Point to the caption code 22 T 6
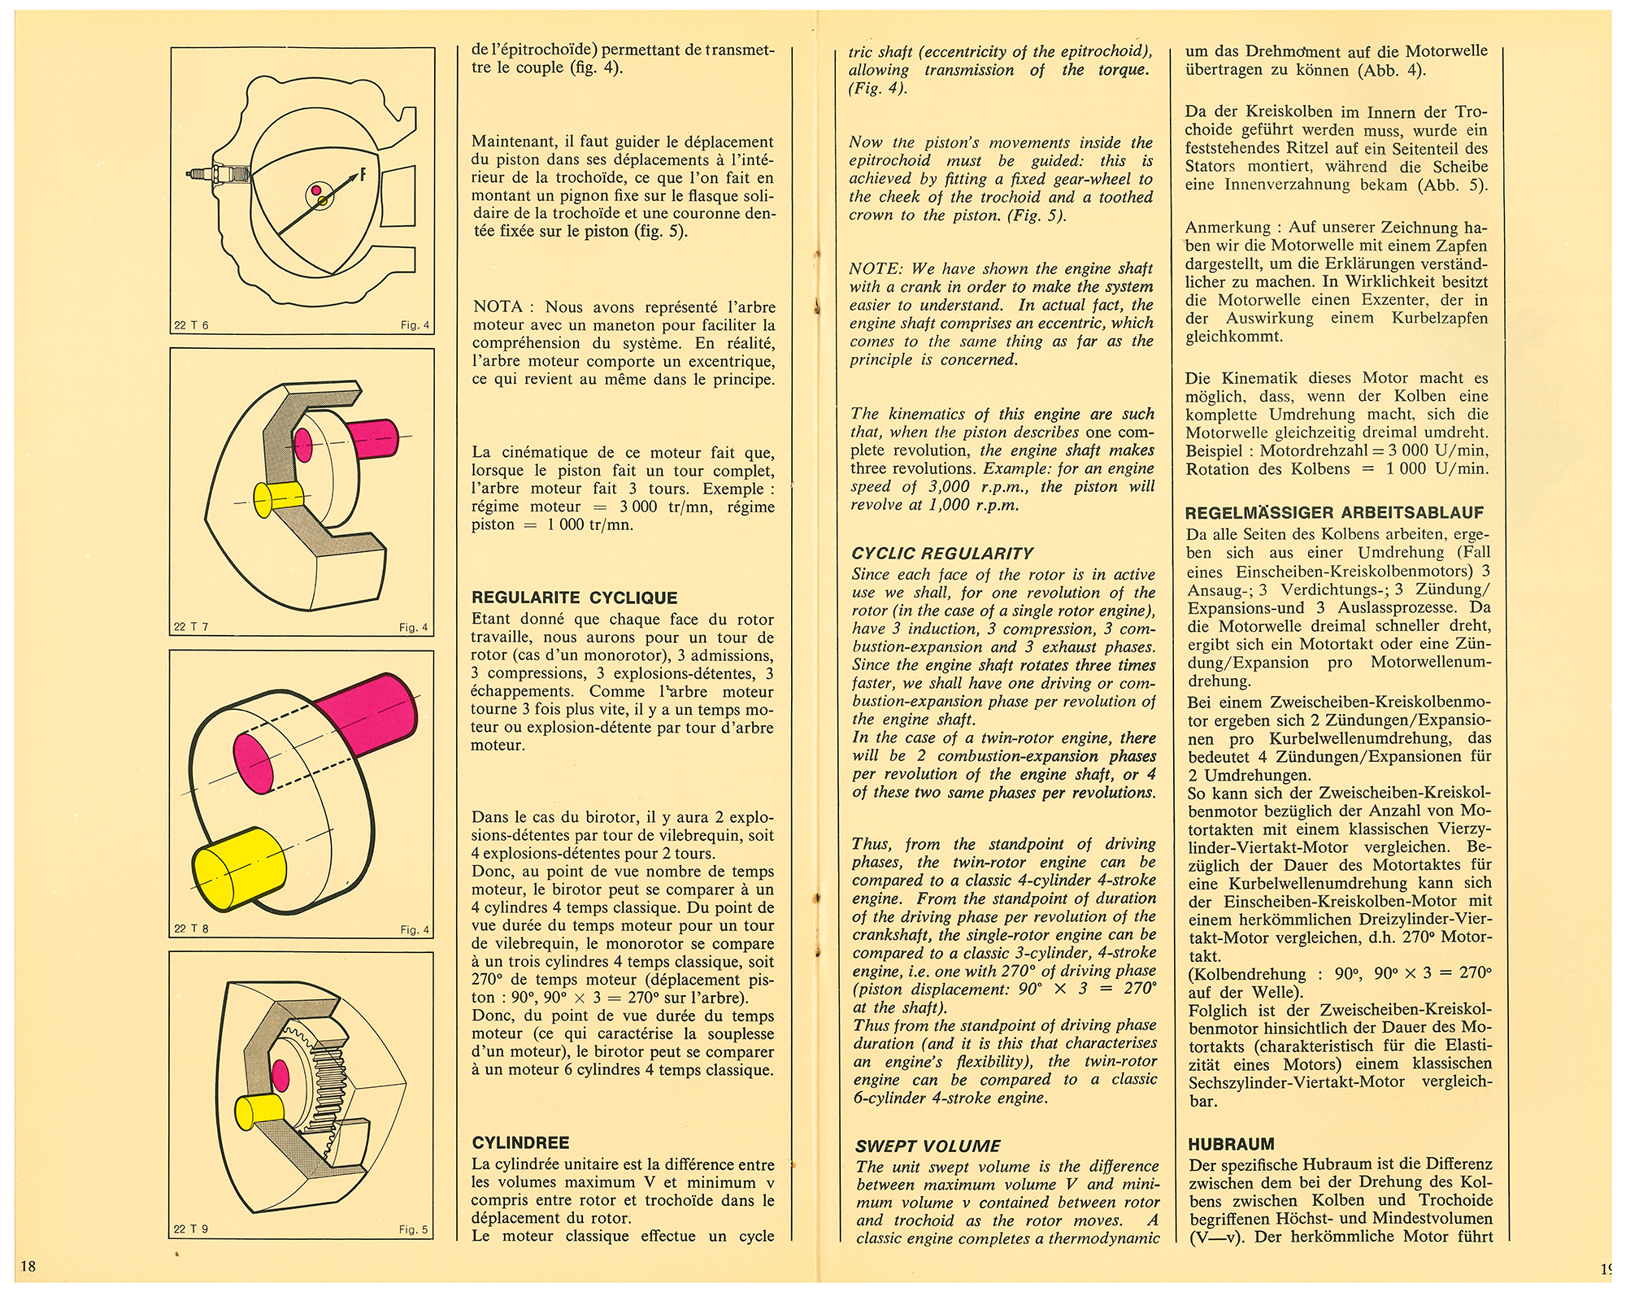click(x=191, y=325)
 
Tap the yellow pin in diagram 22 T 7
click(x=279, y=495)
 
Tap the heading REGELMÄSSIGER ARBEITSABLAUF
click(x=1334, y=513)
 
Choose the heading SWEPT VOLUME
click(x=928, y=1146)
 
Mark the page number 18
click(x=28, y=1266)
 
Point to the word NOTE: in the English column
click(x=876, y=268)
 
